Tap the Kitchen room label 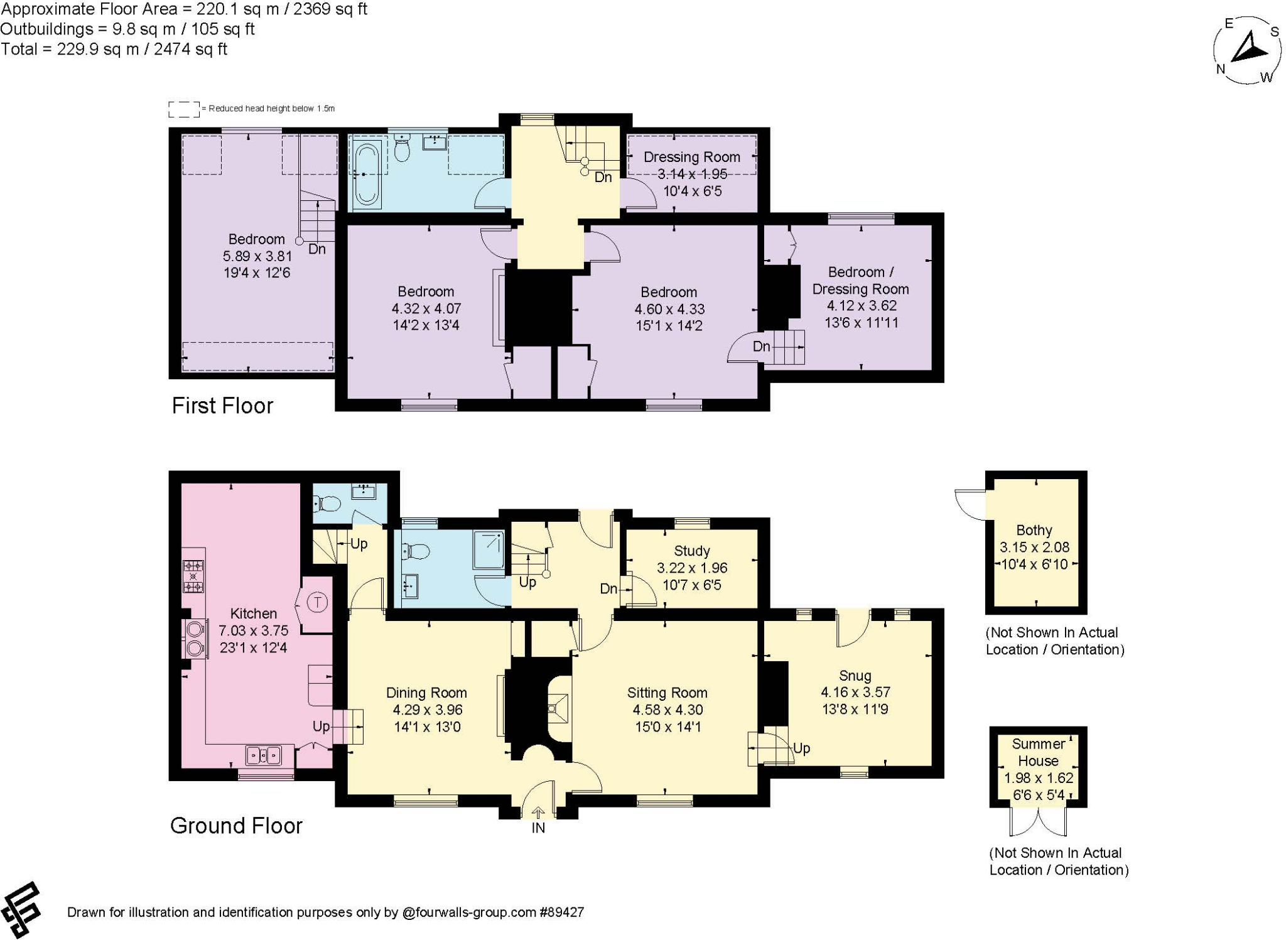click(x=253, y=613)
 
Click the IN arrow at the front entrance click(x=538, y=813)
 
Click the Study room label click(x=691, y=551)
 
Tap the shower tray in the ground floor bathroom click(x=489, y=550)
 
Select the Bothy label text click(x=1034, y=530)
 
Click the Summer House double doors click(x=1038, y=821)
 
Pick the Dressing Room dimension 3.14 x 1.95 click(x=691, y=174)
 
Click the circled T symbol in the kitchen click(x=318, y=603)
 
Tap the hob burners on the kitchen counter click(x=193, y=576)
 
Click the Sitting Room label click(x=667, y=693)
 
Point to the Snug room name click(x=855, y=676)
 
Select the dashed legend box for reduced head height click(x=183, y=109)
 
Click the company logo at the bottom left click(x=21, y=909)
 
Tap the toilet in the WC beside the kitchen click(x=327, y=504)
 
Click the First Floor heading click(x=222, y=406)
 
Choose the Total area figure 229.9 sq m click(x=113, y=50)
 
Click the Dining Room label click(x=426, y=693)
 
